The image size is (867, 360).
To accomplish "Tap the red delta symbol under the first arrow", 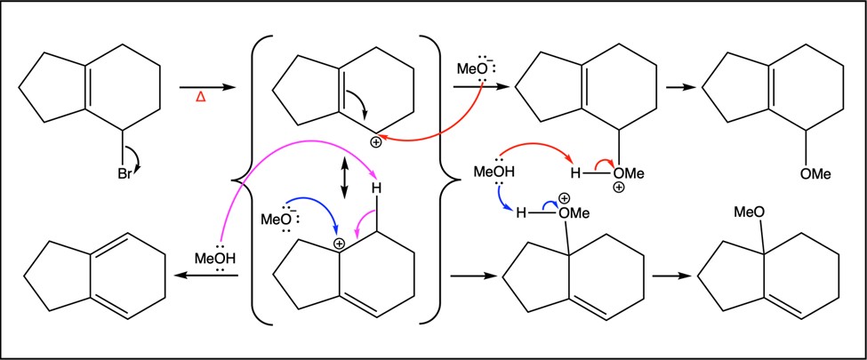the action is (x=201, y=100).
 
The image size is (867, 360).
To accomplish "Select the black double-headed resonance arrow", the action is (x=344, y=178).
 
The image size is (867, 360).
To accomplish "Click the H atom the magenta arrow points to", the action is (x=376, y=188).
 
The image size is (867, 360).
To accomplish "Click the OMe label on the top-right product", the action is (x=815, y=174).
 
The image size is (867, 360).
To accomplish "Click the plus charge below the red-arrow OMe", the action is (x=619, y=188).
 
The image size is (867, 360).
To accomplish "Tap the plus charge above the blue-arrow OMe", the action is (x=565, y=198).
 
